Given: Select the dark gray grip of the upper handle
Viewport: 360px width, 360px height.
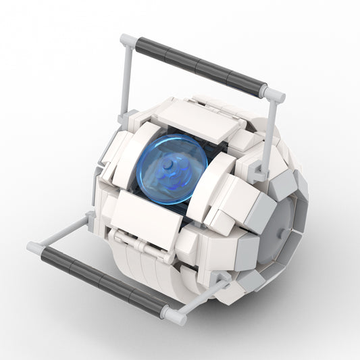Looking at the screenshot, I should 199,66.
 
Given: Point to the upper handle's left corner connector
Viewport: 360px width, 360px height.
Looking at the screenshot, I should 127,41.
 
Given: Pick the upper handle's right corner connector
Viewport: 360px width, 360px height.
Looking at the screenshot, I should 274,94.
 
